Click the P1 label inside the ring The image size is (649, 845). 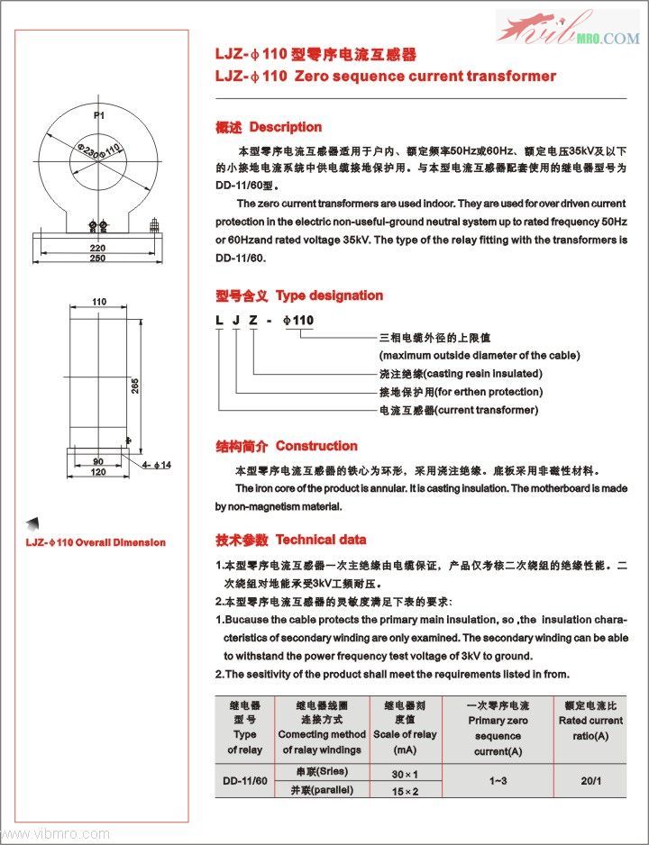[100, 116]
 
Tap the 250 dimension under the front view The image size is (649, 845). [98, 259]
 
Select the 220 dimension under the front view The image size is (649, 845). [98, 247]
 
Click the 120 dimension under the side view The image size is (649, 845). [98, 472]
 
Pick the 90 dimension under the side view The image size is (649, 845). [98, 461]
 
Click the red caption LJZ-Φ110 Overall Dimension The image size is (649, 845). [95, 542]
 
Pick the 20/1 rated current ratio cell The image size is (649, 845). [590, 781]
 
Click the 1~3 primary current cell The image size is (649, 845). [498, 781]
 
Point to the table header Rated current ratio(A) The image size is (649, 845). [590, 728]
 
